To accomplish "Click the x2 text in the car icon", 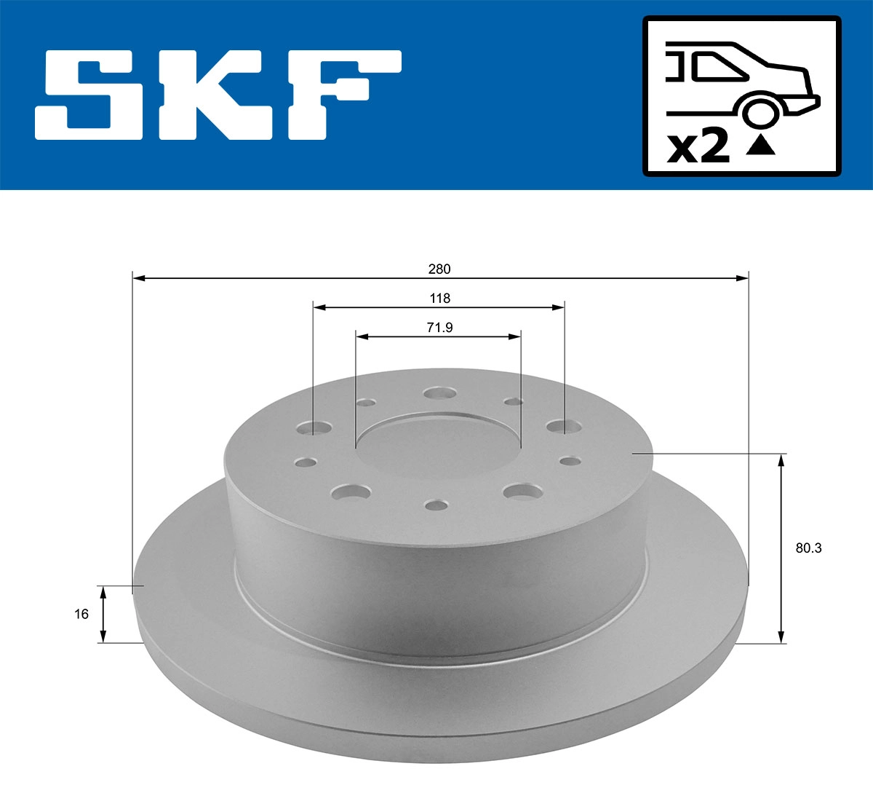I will click(x=698, y=147).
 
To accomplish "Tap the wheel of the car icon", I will click(x=759, y=113).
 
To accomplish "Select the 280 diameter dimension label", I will click(x=439, y=269).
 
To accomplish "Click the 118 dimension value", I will click(x=439, y=298).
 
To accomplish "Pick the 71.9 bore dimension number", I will click(x=439, y=328).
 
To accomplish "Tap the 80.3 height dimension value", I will click(x=808, y=548).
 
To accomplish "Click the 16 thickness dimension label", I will click(x=81, y=614).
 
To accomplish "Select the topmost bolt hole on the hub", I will click(x=439, y=393).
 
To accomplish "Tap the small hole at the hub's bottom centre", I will click(x=437, y=505).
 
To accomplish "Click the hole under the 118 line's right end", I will click(x=559, y=427).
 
